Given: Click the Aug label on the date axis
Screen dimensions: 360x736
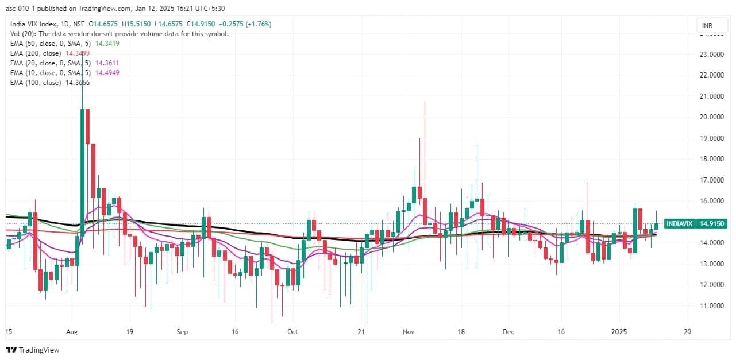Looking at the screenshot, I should tap(71, 332).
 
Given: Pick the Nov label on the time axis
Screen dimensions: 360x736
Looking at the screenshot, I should tap(409, 332).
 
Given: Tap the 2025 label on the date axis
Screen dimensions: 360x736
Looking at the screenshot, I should tap(619, 332).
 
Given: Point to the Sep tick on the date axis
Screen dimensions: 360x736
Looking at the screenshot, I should tap(182, 332).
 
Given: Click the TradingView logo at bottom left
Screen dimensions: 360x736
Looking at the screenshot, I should tap(33, 350).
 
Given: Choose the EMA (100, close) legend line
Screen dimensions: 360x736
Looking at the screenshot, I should tap(49, 83).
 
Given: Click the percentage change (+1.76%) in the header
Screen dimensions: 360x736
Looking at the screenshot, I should tap(257, 24).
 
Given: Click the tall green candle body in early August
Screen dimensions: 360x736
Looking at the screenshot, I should tap(82, 172).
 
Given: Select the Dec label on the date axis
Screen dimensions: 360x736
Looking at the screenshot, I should tap(508, 332).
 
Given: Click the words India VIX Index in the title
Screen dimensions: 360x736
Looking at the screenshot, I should tap(32, 24).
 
